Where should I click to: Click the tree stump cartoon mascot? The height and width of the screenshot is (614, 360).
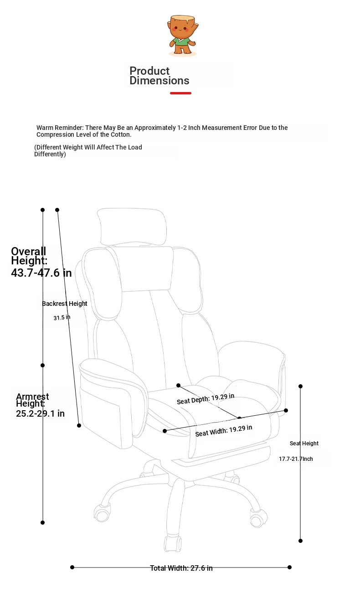coord(183,36)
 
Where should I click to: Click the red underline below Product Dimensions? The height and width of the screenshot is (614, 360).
coord(180,93)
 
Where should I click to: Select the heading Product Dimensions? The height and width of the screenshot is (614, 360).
coord(159,76)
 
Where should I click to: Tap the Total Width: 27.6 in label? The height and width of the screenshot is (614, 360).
coord(181,568)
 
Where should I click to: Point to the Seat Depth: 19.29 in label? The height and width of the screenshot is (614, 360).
coord(206,398)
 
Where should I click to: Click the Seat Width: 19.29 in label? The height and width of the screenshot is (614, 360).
coord(224,430)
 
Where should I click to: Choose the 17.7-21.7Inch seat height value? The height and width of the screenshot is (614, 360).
coord(296,459)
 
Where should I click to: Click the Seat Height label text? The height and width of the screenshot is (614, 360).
coord(304,444)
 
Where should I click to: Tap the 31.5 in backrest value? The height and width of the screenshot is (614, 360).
coord(62,317)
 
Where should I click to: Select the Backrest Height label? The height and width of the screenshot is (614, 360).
coord(65,304)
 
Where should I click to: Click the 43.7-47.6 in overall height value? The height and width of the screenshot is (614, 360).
coord(41,273)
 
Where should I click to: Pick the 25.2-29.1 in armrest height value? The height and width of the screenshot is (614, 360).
coord(40,413)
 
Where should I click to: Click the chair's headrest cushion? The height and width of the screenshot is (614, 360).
coord(132,227)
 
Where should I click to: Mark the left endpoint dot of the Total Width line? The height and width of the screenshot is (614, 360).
coord(72,567)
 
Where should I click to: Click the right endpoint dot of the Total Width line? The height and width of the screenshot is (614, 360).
coord(289,567)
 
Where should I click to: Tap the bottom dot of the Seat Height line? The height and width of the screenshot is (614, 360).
coord(300,541)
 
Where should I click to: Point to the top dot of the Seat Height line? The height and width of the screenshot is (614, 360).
coord(300,386)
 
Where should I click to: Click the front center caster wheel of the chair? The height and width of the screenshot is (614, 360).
coord(173,543)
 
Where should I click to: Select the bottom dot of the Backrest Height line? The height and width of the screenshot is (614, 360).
coord(79,425)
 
